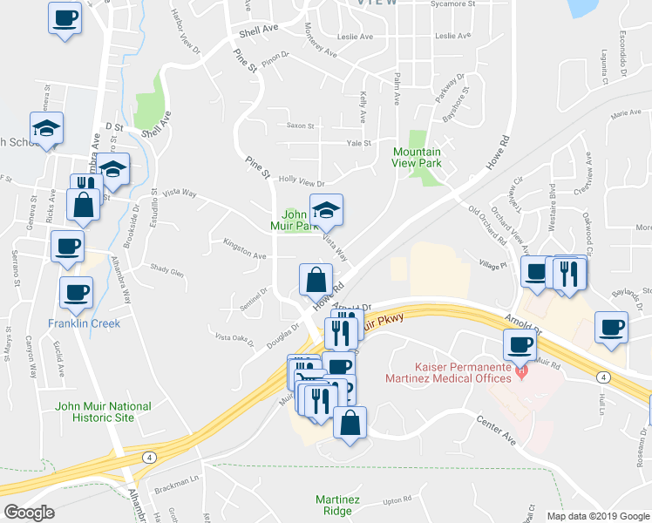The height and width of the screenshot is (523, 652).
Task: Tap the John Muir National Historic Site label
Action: click(x=103, y=411)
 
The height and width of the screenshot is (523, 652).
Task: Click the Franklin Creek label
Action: click(x=84, y=323)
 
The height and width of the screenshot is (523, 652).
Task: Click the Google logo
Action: click(x=29, y=513)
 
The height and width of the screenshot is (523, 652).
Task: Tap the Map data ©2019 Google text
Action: click(x=598, y=516)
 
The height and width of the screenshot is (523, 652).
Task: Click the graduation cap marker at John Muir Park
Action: click(x=326, y=209)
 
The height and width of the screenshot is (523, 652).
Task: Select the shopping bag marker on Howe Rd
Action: click(x=316, y=280)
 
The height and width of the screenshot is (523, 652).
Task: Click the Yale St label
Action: click(x=358, y=143)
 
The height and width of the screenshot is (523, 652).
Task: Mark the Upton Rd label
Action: click(x=396, y=500)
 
